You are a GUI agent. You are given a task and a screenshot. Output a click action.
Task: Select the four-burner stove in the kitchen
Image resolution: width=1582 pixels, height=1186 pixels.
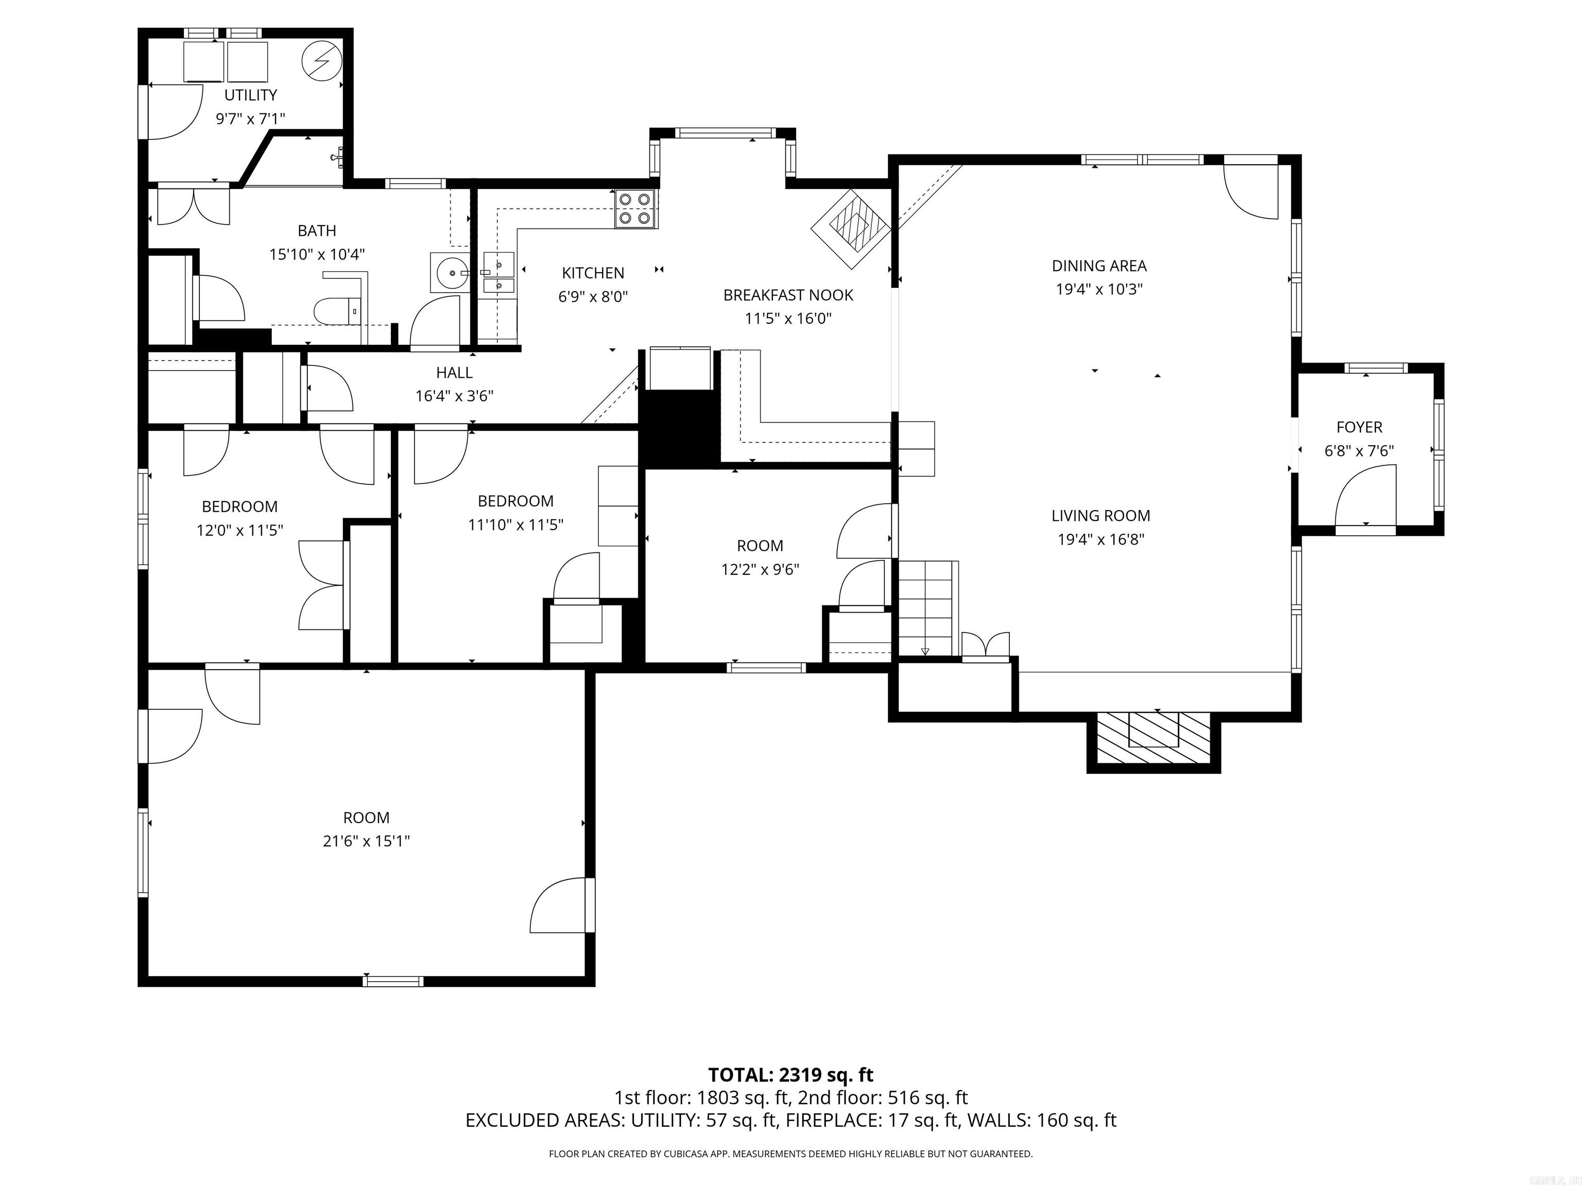(x=635, y=209)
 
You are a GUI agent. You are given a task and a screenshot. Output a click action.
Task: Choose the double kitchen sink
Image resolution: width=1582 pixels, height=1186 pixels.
(x=498, y=274)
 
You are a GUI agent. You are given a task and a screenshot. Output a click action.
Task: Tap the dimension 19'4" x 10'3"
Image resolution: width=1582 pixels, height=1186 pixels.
(x=1098, y=289)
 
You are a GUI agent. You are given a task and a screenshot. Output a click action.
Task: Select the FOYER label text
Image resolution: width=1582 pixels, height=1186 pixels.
(x=1359, y=427)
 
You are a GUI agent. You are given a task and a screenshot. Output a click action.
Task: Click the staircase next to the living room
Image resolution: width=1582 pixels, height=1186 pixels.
(x=927, y=607)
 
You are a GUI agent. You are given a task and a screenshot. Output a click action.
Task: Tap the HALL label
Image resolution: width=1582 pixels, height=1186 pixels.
(x=454, y=373)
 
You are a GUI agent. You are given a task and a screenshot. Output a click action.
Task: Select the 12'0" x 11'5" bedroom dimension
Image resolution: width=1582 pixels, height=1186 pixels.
(x=239, y=530)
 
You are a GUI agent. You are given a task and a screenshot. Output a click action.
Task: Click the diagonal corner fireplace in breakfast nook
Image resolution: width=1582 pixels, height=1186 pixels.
(x=851, y=229)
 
